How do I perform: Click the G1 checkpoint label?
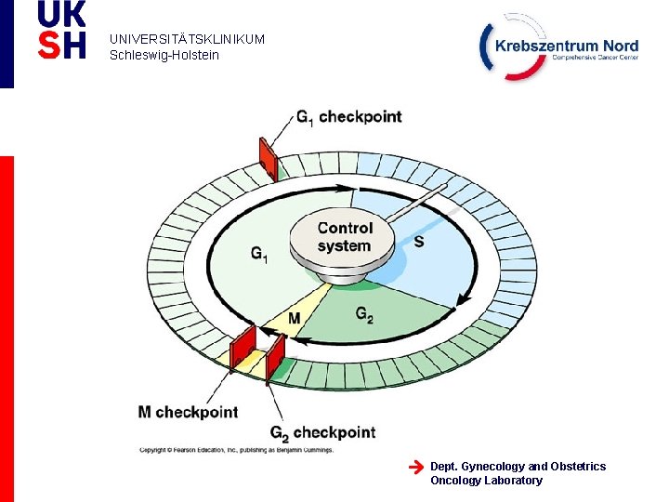[x=348, y=117]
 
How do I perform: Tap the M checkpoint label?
[x=188, y=412]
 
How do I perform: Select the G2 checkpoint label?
[x=322, y=432]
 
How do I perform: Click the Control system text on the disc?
[x=344, y=237]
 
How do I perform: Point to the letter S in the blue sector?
[x=419, y=242]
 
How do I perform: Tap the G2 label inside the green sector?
[x=364, y=314]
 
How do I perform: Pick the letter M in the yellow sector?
[x=294, y=319]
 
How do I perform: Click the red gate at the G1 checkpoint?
[x=269, y=158]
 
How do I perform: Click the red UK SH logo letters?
[x=61, y=30]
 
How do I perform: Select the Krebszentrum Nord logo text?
[x=567, y=46]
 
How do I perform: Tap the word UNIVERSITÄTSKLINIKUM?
[x=187, y=40]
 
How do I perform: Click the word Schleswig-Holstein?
[x=164, y=55]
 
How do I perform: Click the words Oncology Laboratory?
[x=486, y=481]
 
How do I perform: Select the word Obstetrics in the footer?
[x=578, y=466]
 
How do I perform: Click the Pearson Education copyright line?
[x=235, y=449]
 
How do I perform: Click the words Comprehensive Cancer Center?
[x=595, y=58]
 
